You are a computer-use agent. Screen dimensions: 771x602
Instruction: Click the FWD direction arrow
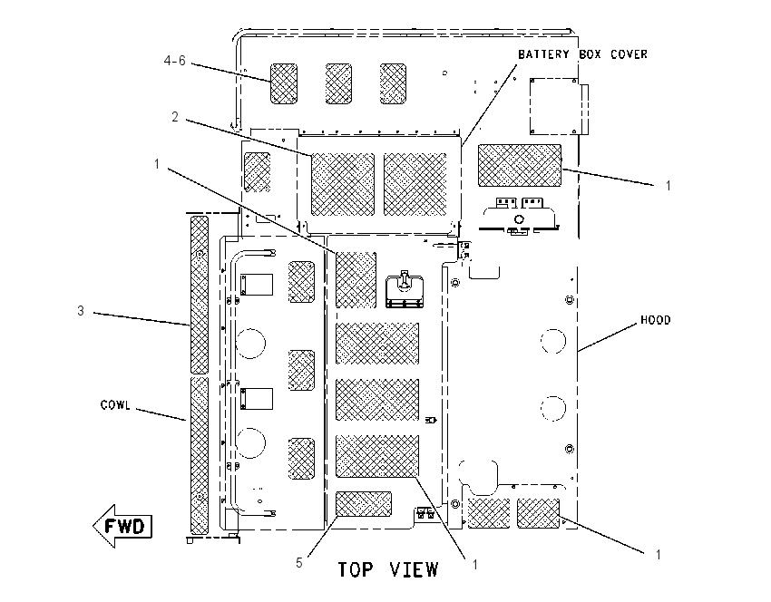click(x=123, y=526)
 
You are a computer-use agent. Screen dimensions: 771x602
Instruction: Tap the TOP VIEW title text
click(x=387, y=569)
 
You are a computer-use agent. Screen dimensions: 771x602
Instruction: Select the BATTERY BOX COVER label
click(x=582, y=54)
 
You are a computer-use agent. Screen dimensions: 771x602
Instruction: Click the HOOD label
click(x=656, y=320)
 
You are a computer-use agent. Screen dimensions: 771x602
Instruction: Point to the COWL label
click(x=115, y=405)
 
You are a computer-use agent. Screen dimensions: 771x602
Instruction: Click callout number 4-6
click(x=174, y=61)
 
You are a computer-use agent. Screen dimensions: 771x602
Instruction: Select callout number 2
click(x=175, y=117)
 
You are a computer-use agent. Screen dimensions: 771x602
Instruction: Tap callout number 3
click(x=81, y=311)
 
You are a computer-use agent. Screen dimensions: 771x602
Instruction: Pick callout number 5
click(x=299, y=563)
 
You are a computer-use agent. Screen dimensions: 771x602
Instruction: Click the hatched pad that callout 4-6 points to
click(x=284, y=83)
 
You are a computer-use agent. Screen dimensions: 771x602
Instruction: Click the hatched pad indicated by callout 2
click(x=343, y=184)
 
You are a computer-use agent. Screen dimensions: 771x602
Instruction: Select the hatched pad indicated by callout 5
click(x=364, y=504)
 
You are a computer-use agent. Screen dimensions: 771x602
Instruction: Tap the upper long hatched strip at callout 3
click(x=200, y=295)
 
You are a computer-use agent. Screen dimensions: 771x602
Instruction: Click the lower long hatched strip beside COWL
click(x=200, y=456)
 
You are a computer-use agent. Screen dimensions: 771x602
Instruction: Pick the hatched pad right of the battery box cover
click(x=520, y=166)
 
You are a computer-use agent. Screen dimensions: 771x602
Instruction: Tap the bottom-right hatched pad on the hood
click(x=539, y=513)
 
